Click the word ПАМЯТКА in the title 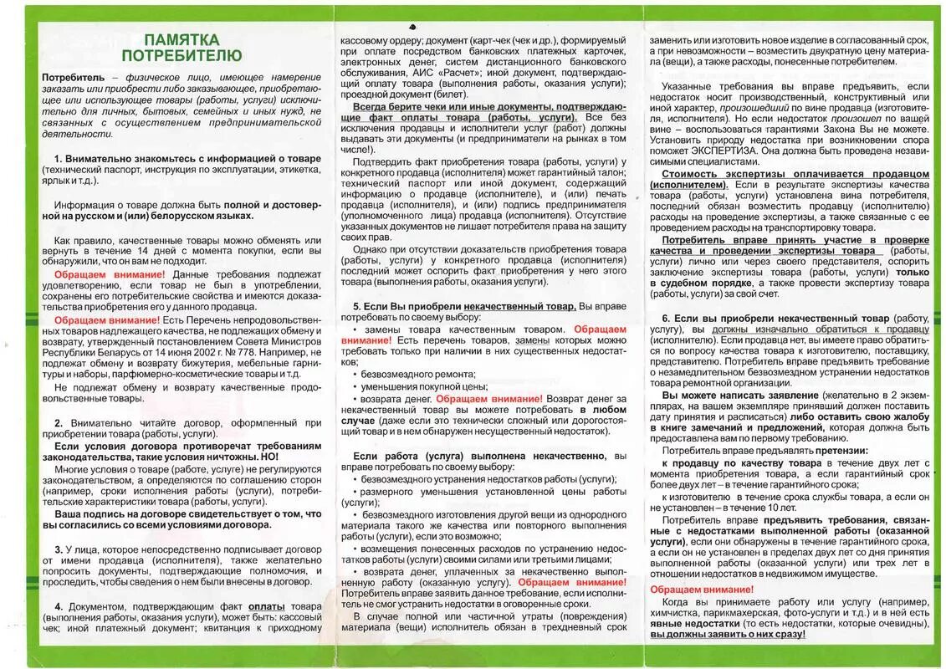click(181, 39)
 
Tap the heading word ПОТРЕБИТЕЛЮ click(181, 56)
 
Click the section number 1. click(58, 159)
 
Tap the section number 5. click(356, 307)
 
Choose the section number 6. click(666, 319)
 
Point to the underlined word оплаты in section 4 click(266, 605)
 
